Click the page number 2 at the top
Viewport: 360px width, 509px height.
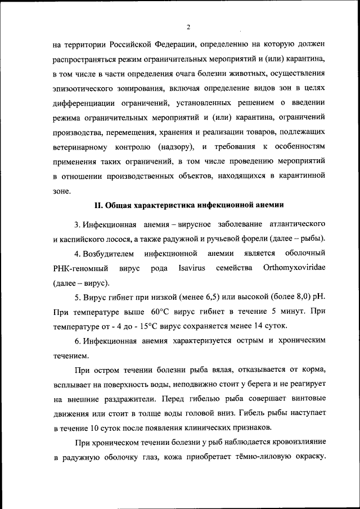pyautogui.click(x=189, y=26)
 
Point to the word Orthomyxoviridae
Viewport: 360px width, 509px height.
pyautogui.click(x=294, y=268)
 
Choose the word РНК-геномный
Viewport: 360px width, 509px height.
pyautogui.click(x=80, y=268)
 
